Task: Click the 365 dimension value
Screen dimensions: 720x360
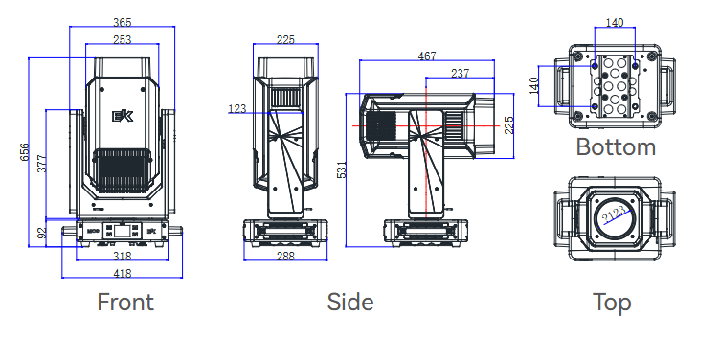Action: click(x=123, y=22)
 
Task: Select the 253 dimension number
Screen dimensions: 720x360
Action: click(x=123, y=40)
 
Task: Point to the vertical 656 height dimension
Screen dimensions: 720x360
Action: click(x=24, y=152)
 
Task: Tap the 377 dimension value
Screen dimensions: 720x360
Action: click(x=42, y=164)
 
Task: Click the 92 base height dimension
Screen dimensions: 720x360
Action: click(x=42, y=233)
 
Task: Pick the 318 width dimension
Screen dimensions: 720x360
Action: click(x=123, y=256)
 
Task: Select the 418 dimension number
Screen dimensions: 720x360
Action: click(x=123, y=273)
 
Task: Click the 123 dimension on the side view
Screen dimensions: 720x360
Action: click(x=236, y=109)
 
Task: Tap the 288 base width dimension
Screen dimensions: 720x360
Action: click(x=285, y=256)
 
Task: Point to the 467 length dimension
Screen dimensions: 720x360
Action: click(x=427, y=56)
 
